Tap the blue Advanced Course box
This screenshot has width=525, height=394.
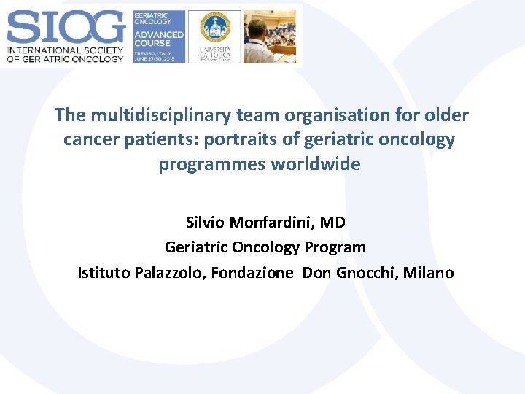(x=158, y=36)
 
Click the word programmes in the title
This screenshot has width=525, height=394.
(x=212, y=163)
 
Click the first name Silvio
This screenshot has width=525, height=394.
(x=207, y=222)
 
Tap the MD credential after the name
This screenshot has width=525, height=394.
(x=332, y=222)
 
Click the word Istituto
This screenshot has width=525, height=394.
(x=104, y=273)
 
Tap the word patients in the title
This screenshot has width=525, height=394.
(x=149, y=139)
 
